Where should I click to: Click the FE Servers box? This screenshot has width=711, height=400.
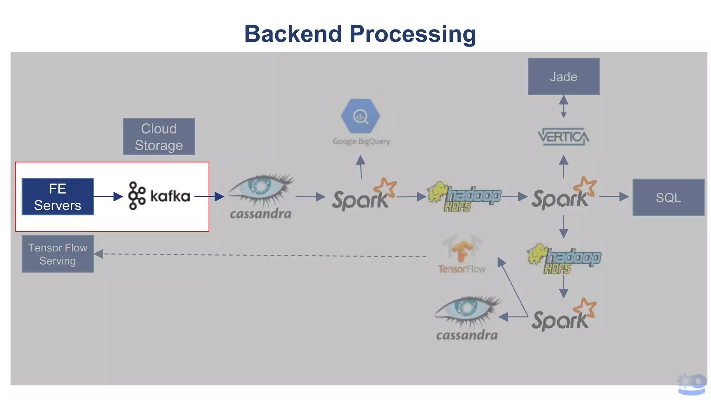coord(58,197)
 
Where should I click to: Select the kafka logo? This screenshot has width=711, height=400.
coord(159,196)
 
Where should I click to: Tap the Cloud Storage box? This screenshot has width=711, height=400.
coord(159,136)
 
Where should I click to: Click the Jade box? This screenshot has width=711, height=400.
coord(563,76)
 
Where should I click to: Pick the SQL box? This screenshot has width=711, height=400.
coord(668,197)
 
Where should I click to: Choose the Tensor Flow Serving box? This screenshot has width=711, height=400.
coord(58,254)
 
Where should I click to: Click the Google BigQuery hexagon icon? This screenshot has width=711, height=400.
coord(360,116)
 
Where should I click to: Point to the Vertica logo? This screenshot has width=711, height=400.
coord(563,136)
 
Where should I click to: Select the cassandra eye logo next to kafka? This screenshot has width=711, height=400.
coord(261,196)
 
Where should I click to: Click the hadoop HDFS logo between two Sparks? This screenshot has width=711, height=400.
coord(464,197)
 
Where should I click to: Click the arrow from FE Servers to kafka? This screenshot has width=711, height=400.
coord(108,197)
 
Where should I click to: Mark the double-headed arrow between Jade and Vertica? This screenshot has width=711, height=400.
coord(563,107)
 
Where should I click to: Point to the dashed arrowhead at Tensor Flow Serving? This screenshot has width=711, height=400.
coord(99,254)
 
